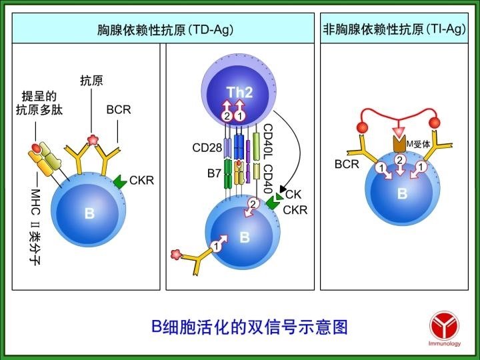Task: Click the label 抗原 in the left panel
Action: click(x=91, y=81)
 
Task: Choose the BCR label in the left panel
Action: click(x=118, y=109)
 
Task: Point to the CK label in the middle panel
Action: click(x=293, y=194)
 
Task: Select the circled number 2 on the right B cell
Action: click(x=399, y=161)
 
